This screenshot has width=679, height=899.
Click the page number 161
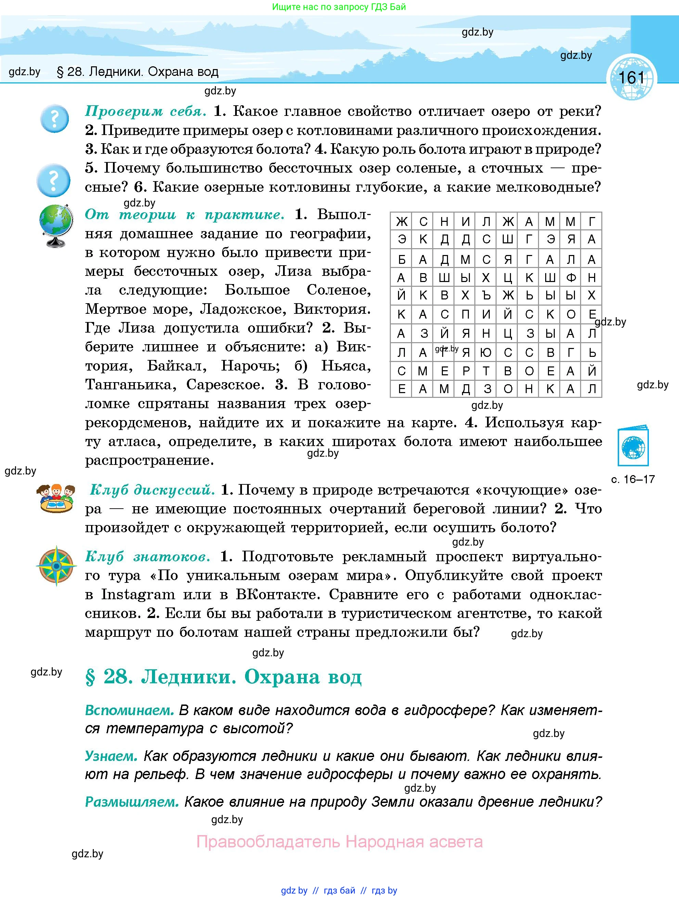pyautogui.click(x=631, y=78)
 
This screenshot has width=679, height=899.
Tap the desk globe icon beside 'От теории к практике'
pyautogui.click(x=56, y=226)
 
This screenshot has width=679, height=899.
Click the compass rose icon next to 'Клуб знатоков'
pyautogui.click(x=56, y=565)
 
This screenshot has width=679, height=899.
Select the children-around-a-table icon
pyautogui.click(x=56, y=498)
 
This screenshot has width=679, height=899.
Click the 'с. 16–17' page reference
pyautogui.click(x=632, y=480)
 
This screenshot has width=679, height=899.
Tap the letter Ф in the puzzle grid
pyautogui.click(x=571, y=278)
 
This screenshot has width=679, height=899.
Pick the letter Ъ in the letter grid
pyautogui.click(x=486, y=295)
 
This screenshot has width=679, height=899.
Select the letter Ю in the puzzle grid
pyautogui.click(x=486, y=353)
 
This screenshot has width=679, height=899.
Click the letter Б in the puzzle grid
pyautogui.click(x=401, y=259)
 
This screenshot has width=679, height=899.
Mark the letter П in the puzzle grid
pyautogui.click(x=465, y=314)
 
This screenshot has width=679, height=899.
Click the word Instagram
pyautogui.click(x=138, y=594)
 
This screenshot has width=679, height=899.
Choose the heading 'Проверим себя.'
pyautogui.click(x=146, y=111)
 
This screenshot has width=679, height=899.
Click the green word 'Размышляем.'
pyautogui.click(x=132, y=802)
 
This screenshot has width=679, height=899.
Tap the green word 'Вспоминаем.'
pyautogui.click(x=129, y=710)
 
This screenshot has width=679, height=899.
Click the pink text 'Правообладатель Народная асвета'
pyautogui.click(x=339, y=842)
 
